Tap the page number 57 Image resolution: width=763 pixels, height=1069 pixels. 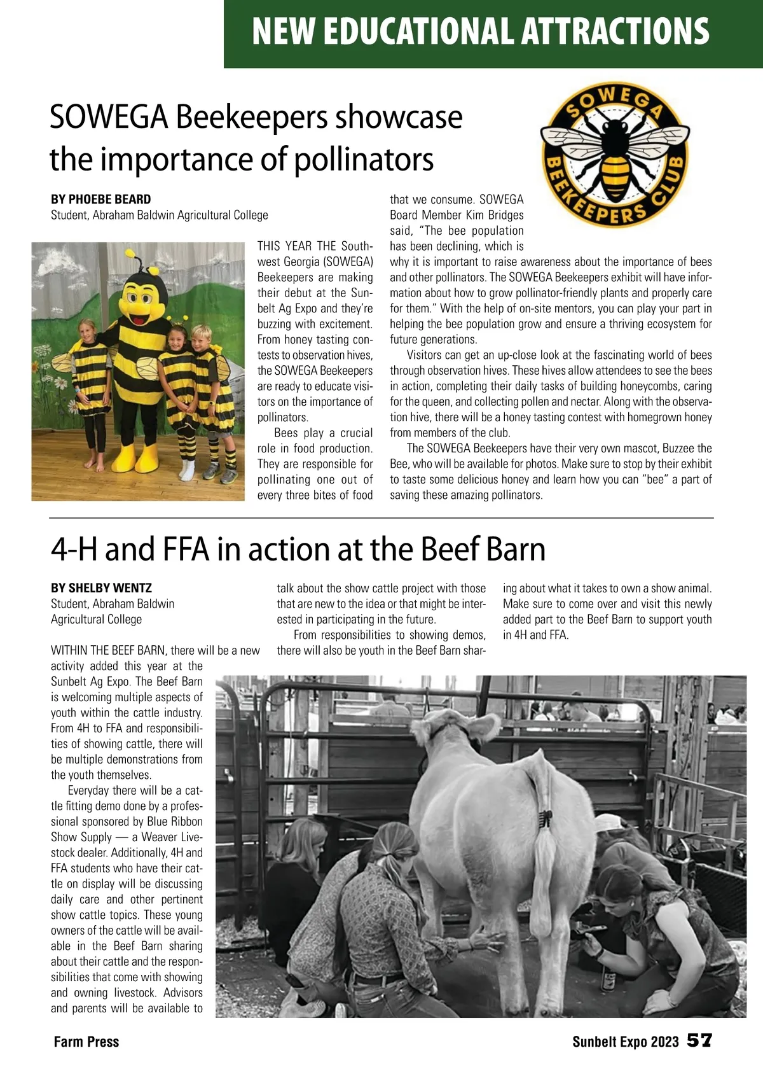point(699,1041)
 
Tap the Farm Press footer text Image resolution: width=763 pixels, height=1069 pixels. point(86,1042)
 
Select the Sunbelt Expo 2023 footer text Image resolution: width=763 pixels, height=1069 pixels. point(626,1042)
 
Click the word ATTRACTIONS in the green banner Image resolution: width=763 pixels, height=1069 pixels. point(615,31)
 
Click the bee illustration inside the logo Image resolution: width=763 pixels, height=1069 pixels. point(614,153)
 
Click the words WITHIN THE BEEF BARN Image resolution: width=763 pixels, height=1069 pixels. point(108,650)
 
